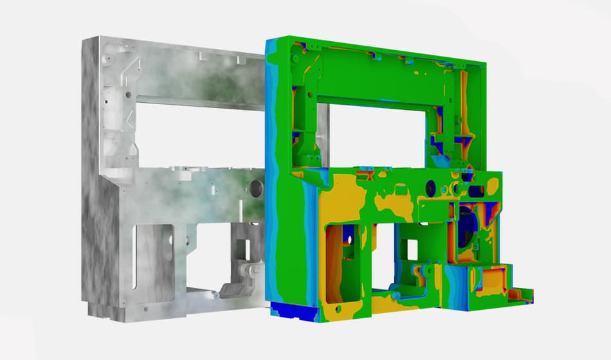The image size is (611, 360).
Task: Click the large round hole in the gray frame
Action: tap(255, 188)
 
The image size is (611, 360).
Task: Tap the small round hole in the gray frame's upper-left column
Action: tap(129, 94)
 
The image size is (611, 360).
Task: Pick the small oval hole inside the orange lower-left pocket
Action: tap(351, 239)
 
